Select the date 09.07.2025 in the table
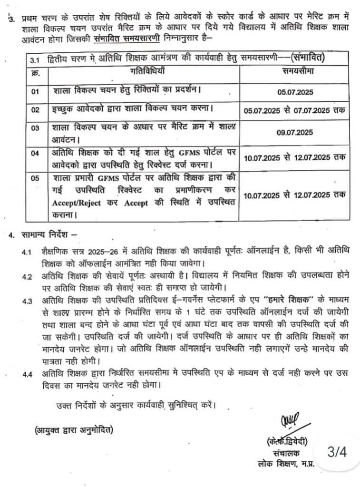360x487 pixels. [294, 133]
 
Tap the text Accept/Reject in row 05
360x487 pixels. [74, 204]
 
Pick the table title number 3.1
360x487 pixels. [35, 60]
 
